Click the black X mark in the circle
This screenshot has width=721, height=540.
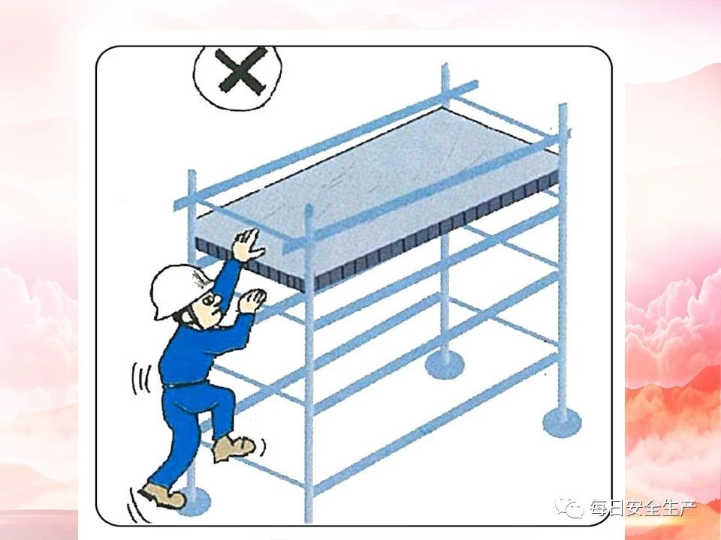(241, 73)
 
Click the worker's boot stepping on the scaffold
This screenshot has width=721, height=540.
(234, 448)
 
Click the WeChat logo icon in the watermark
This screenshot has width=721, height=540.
(569, 507)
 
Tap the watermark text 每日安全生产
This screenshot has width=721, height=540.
(644, 508)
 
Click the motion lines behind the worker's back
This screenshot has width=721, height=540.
(140, 379)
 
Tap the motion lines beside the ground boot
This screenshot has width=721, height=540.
(137, 505)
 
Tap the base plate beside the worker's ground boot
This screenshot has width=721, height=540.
(195, 500)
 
